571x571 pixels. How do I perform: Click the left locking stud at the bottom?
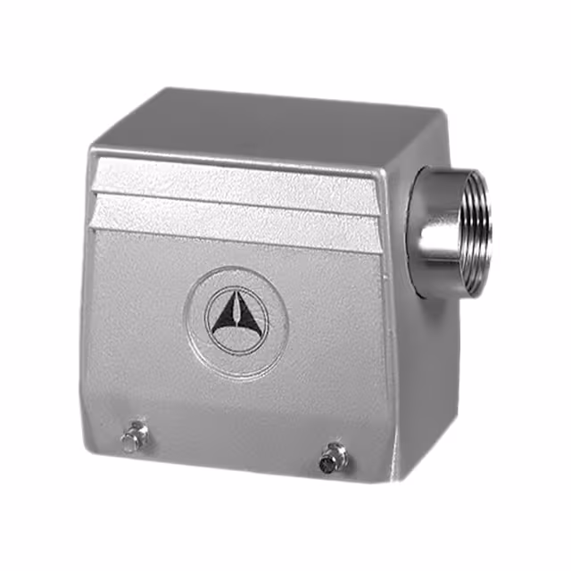pyautogui.click(x=134, y=436)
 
